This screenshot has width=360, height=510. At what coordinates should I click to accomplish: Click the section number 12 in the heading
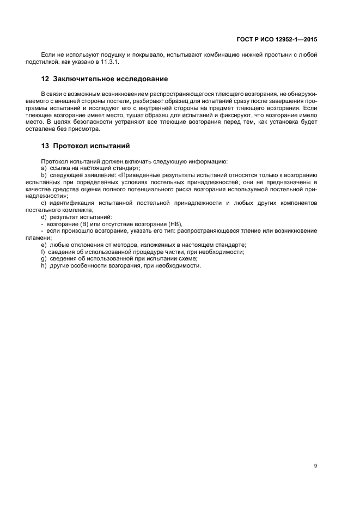45,80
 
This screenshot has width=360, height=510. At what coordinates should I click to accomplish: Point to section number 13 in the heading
45,146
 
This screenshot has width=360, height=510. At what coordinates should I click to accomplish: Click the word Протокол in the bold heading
73,146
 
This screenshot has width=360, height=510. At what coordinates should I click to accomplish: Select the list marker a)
44,168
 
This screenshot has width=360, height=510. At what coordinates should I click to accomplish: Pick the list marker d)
44,217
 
